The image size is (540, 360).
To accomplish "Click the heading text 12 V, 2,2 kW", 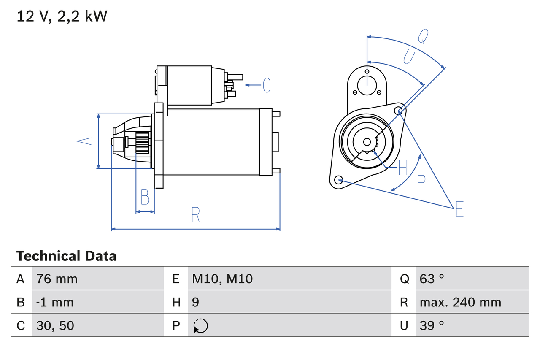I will coord(62,16).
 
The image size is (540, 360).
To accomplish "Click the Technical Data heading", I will coord(66,256).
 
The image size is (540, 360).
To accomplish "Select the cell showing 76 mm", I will coord(57,279).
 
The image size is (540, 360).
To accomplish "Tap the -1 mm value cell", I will coord(55,302).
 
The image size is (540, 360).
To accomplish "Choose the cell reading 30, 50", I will coord(55,325).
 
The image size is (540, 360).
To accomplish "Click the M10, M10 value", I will coord(222,279).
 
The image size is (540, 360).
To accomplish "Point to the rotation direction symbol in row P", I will coord(201,326).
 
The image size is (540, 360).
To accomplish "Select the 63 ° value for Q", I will coord(432,279).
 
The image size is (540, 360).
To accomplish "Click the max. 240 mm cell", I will coord(460,302).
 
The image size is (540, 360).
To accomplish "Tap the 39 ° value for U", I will coord(432,325).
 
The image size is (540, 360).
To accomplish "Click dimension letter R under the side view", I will coord(195,215).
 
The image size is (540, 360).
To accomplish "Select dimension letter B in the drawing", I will coord(145,197).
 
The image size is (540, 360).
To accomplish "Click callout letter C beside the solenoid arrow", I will coord(267,85).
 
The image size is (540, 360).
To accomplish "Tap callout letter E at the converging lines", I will coord(459,209).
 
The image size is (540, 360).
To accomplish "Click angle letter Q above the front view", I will coord(423,37).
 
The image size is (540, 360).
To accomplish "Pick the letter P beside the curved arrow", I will coord(421,183).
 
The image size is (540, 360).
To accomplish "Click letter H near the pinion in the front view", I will coord(402,168).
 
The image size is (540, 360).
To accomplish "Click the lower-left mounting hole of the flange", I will coord(338,180).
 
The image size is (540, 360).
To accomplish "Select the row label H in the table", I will coord(176,302).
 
